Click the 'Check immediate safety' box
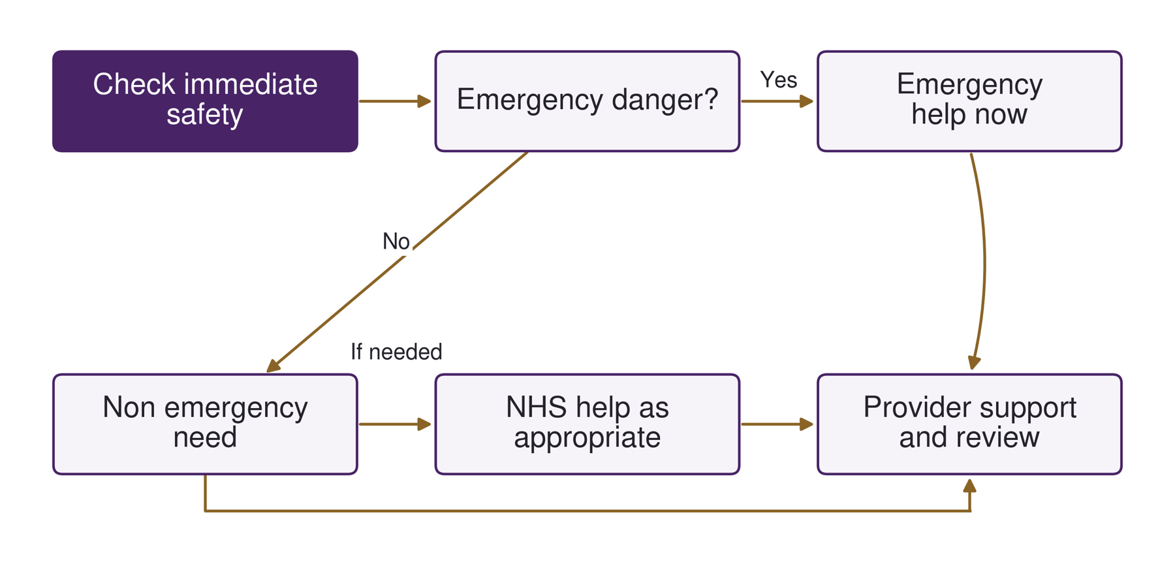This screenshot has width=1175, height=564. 205,101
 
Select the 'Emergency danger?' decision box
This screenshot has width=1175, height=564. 587,101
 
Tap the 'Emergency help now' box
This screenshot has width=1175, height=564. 969,101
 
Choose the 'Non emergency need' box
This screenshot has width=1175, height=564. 205,424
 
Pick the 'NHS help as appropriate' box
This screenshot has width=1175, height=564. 587,424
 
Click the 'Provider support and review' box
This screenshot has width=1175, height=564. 969,424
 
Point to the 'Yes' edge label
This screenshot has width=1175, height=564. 779,80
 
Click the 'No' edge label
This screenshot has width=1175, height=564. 396,242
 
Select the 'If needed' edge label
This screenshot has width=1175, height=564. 396,352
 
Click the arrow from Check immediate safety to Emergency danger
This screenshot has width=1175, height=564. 395,101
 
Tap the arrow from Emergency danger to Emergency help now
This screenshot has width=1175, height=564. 777,101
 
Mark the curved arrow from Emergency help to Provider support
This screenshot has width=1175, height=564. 984,261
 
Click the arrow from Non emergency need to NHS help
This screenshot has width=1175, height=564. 395,424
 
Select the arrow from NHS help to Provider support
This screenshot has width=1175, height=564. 777,424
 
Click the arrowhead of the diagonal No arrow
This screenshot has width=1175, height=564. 273,366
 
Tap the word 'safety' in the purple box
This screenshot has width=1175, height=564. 205,115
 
